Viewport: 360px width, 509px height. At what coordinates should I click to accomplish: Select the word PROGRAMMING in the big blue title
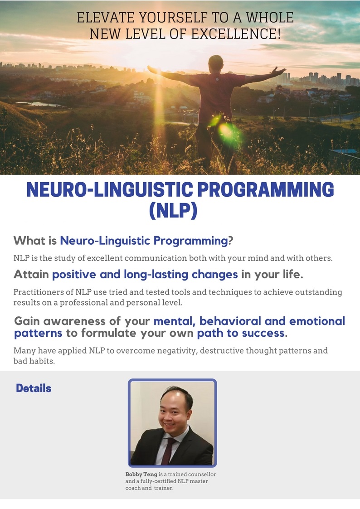(266, 189)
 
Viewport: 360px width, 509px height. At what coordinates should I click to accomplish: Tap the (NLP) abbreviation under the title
(173, 210)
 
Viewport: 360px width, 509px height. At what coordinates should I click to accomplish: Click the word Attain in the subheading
(31, 275)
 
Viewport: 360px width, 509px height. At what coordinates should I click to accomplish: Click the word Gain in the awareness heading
(27, 321)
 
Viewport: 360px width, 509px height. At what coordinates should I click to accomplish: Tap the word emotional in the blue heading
(317, 321)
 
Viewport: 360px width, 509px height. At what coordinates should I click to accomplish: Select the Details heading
(34, 388)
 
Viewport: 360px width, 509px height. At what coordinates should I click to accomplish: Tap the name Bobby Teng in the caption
(141, 474)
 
